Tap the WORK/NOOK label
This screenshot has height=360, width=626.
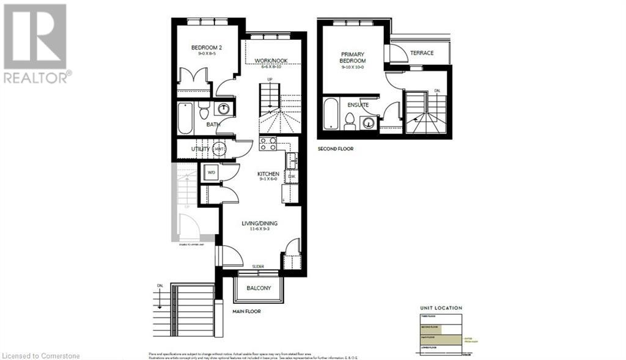coord(271,61)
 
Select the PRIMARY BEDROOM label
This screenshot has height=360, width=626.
coord(353,57)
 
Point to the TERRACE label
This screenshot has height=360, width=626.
coord(422,53)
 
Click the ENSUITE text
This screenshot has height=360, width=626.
coord(358,105)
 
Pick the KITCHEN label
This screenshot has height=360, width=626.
coord(267,174)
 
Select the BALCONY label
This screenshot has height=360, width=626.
coord(259,288)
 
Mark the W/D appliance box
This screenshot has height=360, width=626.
coord(212,173)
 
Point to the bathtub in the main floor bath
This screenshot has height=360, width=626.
coord(185,118)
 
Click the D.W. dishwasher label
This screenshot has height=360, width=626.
coord(292,177)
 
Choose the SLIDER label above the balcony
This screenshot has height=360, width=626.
coord(259,266)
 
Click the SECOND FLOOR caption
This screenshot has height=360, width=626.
coord(335,149)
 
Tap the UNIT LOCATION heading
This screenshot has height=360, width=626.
coord(441,308)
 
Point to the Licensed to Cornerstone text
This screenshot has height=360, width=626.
coord(41,355)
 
